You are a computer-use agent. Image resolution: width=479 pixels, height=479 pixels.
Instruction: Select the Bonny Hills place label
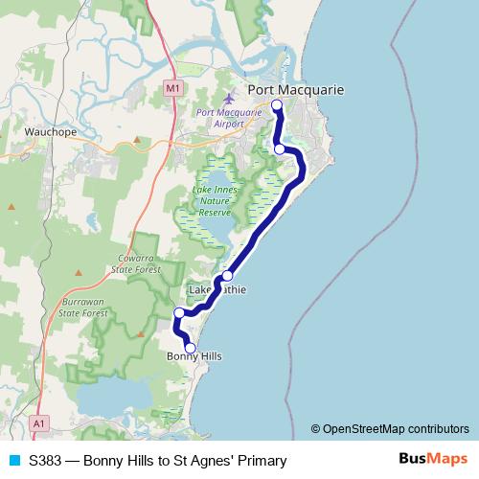[x=194, y=356]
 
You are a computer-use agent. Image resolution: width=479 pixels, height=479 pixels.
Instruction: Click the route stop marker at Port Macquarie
[x=276, y=104]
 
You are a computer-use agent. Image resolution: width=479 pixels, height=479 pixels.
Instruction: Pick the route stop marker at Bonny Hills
[x=190, y=348]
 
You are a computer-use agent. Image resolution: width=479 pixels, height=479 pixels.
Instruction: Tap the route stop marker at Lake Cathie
[x=227, y=276]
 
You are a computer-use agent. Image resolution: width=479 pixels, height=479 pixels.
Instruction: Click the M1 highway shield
[x=171, y=88]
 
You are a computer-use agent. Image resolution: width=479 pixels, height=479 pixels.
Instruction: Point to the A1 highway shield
[x=38, y=422]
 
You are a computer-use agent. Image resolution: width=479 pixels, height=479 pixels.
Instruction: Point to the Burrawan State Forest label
[x=81, y=307]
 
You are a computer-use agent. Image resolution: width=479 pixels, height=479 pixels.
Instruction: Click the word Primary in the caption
[x=261, y=461]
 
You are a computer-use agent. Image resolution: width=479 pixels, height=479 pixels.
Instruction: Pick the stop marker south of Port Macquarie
[x=279, y=148]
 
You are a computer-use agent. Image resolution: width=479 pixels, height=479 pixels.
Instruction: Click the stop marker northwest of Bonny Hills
[x=179, y=313]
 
